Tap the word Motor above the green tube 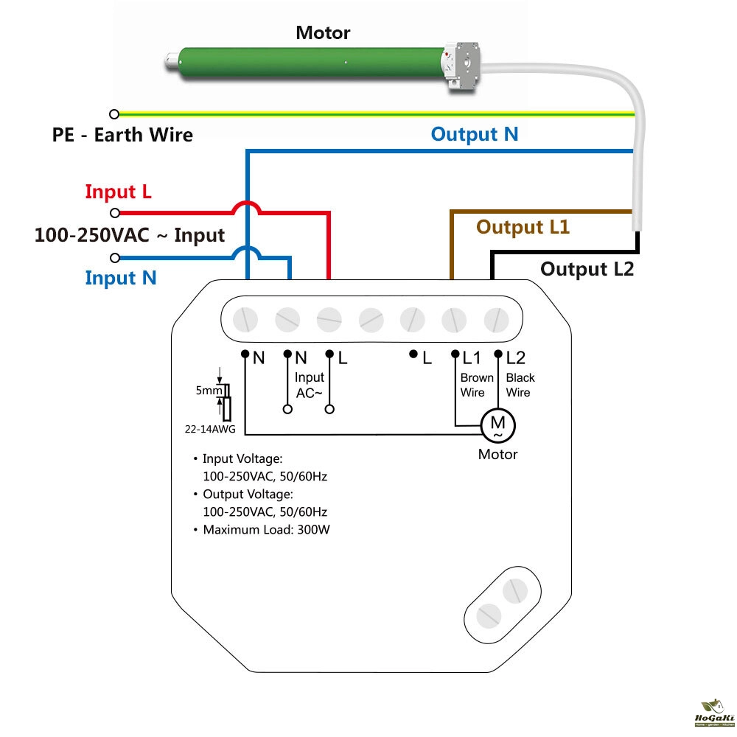pos(323,33)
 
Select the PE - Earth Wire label pos(122,135)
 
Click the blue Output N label pos(475,134)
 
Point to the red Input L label pos(118,192)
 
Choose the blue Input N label pos(121,278)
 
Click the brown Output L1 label pos(523,227)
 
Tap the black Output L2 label pos(587,269)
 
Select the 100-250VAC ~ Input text pos(130,235)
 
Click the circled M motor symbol pos(497,425)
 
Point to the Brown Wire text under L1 pos(476,385)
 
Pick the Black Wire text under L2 pos(520,385)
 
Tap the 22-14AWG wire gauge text pos(204,427)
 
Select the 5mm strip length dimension pos(206,391)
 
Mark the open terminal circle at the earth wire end pos(114,114)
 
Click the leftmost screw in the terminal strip pos(245,320)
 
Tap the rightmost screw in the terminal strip pos(495,320)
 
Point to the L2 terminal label pos(515,358)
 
